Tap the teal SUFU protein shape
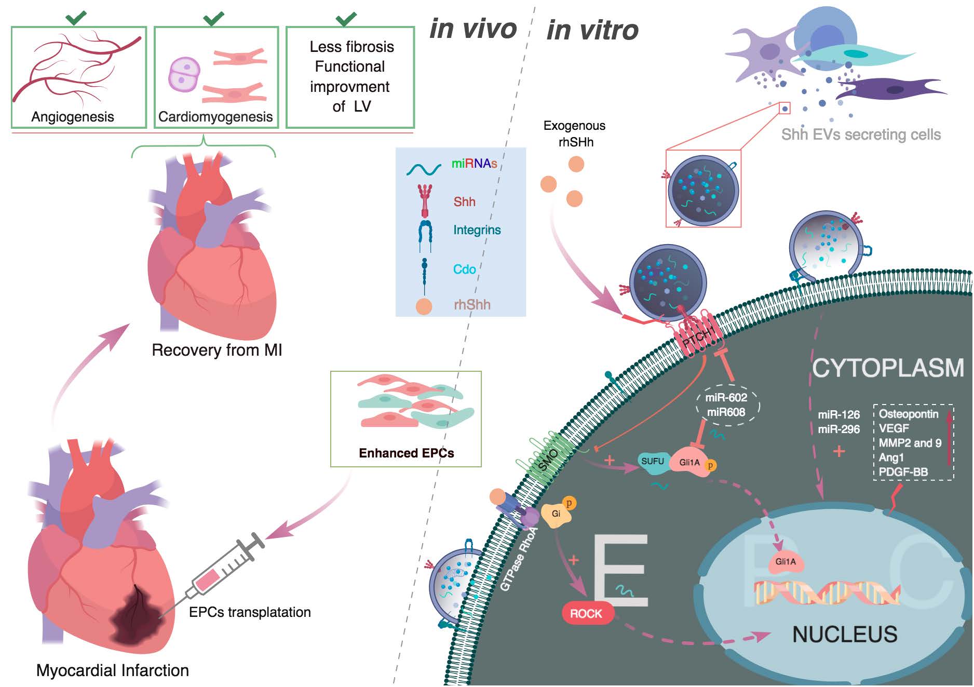(653, 462)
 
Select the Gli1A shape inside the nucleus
(786, 563)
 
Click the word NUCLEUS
(845, 635)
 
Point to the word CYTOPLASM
(888, 368)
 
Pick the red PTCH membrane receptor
(698, 338)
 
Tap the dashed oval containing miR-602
(727, 405)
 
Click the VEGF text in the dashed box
(894, 428)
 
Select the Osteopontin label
(909, 414)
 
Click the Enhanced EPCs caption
(406, 453)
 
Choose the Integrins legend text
(477, 230)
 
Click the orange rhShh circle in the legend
(424, 306)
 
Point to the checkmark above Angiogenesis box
(76, 18)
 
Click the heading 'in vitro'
(592, 30)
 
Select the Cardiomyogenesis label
(215, 117)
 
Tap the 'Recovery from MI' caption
(217, 350)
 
